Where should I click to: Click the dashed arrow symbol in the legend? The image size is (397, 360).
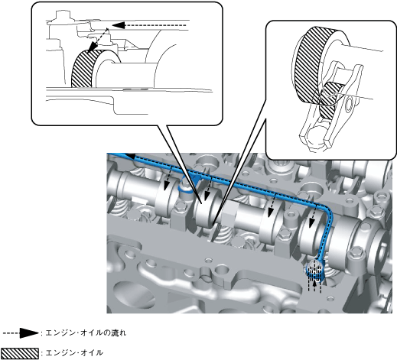tap(21, 333)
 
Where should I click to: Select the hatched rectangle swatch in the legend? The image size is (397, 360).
tap(20, 353)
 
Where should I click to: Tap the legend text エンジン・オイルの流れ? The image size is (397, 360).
tap(86, 333)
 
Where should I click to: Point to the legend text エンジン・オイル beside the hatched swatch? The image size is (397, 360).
tap(74, 353)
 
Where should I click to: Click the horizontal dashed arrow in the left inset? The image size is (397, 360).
tap(149, 25)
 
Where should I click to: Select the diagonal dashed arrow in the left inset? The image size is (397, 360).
tap(98, 40)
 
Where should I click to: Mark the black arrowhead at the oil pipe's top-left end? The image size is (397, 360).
tap(131, 156)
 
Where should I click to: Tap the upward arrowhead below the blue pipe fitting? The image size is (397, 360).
tap(314, 281)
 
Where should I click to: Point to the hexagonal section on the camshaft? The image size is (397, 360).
tap(229, 211)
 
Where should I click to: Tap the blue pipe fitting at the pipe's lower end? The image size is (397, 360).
tap(315, 270)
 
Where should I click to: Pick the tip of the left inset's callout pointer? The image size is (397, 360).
tap(202, 204)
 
